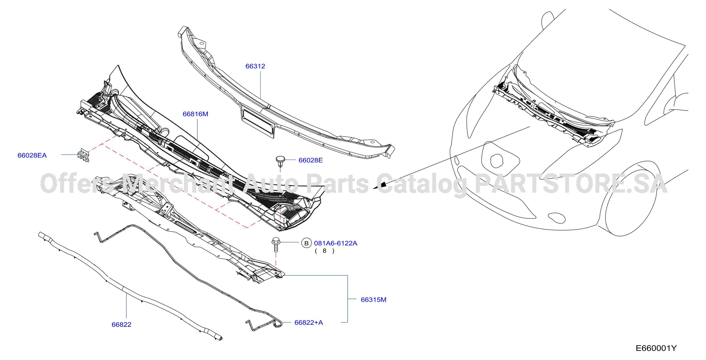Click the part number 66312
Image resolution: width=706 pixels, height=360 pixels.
(255, 66)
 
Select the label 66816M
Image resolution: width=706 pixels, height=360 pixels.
(195, 114)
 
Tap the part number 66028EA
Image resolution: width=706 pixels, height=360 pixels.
(32, 155)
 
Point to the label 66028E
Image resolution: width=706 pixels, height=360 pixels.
(311, 160)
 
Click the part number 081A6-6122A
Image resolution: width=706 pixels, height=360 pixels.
(336, 243)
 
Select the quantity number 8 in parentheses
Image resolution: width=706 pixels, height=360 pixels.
(324, 251)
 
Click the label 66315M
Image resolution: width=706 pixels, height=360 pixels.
(374, 300)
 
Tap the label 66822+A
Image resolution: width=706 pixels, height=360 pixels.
(309, 322)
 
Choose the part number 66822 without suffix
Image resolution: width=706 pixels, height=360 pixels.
(121, 325)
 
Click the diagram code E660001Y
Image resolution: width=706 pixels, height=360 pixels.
(656, 348)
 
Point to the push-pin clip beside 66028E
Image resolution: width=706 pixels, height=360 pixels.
(280, 161)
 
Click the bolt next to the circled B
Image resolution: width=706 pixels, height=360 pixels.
(276, 245)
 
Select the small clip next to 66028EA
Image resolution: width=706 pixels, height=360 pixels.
(83, 155)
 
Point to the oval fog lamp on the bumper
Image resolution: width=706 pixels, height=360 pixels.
(556, 218)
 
